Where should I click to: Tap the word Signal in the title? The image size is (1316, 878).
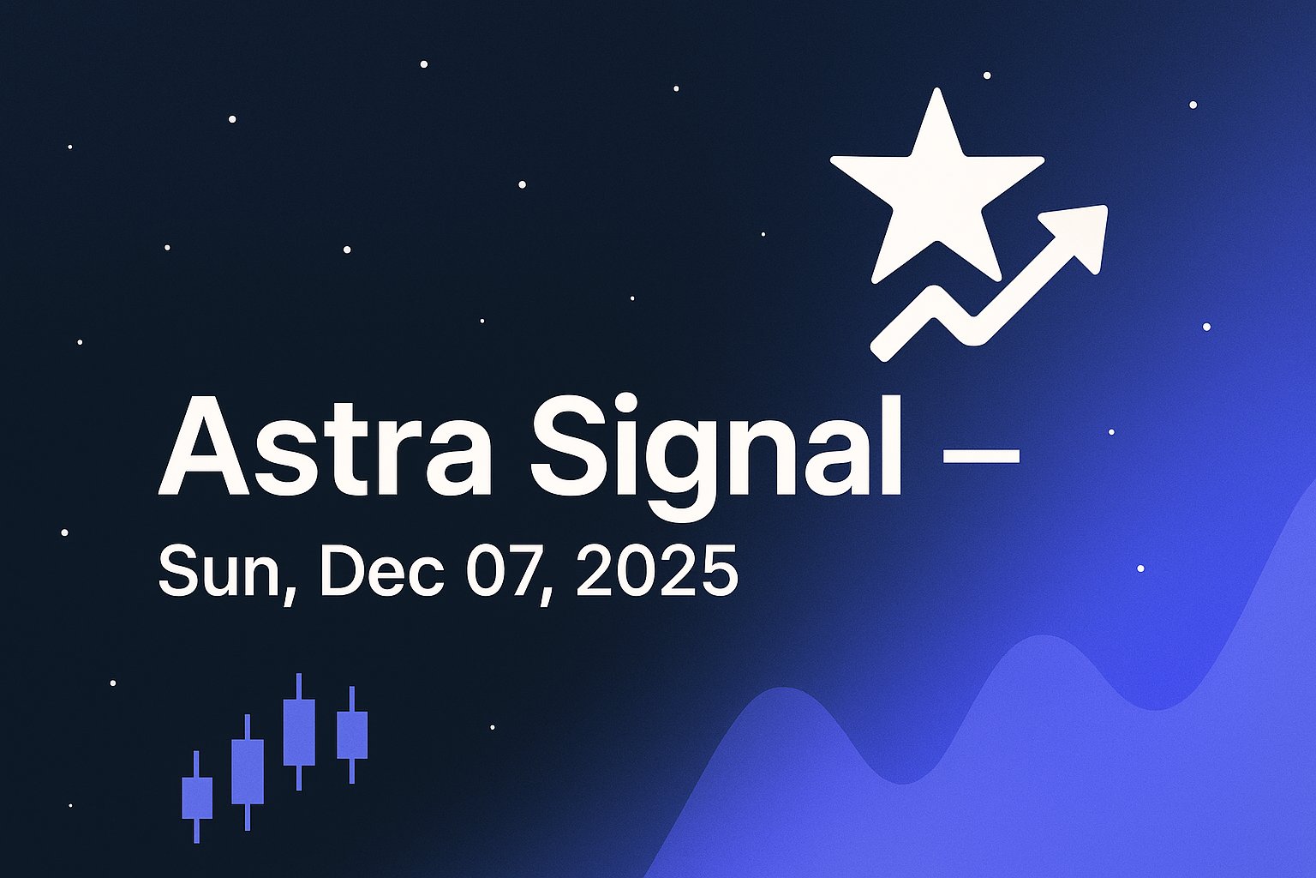click(x=715, y=448)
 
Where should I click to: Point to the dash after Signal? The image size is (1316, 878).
click(x=981, y=455)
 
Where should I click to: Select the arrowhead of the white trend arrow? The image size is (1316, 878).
click(x=1080, y=232)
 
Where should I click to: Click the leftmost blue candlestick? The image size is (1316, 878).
click(x=197, y=797)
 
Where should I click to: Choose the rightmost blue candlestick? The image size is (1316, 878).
click(x=351, y=735)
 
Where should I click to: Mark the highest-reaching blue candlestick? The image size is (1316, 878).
click(x=299, y=731)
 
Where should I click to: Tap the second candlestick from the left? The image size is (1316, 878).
click(x=248, y=772)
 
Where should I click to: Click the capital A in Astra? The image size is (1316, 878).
click(x=203, y=448)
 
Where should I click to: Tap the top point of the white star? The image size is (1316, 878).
click(x=937, y=93)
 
